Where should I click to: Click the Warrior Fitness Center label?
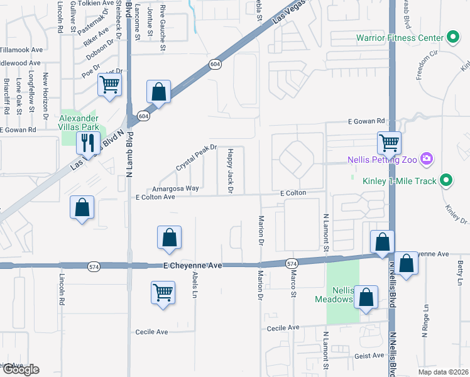pyautogui.click(x=400, y=38)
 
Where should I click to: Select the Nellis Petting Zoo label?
pyautogui.click(x=383, y=160)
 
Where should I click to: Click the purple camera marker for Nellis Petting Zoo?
pyautogui.click(x=427, y=158)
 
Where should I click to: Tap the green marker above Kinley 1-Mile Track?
pyautogui.click(x=446, y=180)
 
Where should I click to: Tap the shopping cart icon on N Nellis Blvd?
pyautogui.click(x=389, y=142)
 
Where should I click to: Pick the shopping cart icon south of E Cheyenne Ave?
pyautogui.click(x=163, y=292)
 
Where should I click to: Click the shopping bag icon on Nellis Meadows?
pyautogui.click(x=366, y=297)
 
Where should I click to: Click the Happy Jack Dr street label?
pyautogui.click(x=230, y=170)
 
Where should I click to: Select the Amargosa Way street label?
pyautogui.click(x=175, y=188)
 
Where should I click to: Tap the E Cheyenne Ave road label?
pyautogui.click(x=192, y=266)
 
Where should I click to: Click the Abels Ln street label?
pyautogui.click(x=195, y=285)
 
